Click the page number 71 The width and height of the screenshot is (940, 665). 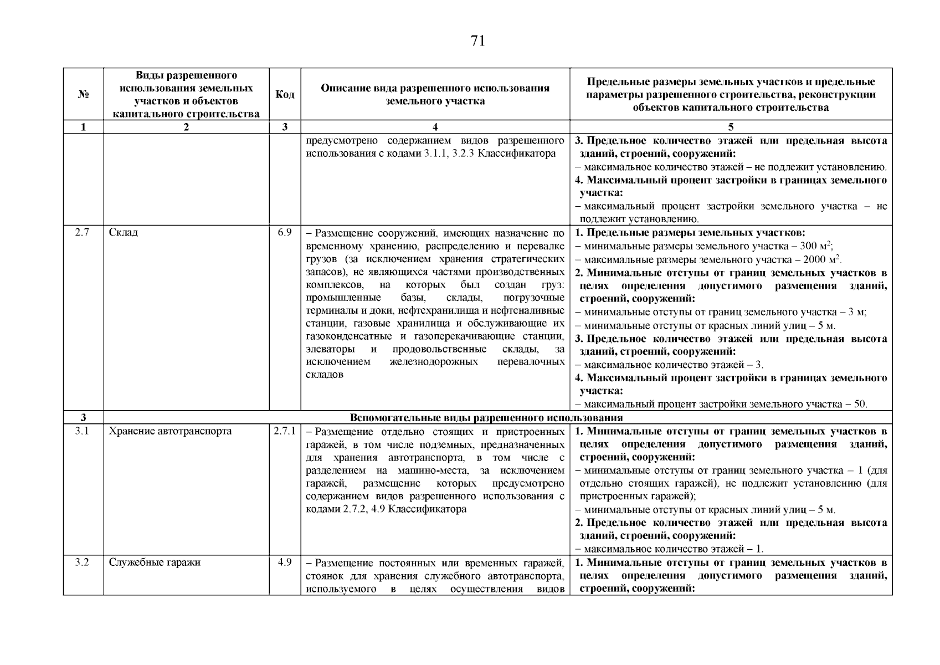[477, 41]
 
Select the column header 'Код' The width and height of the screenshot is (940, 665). [285, 94]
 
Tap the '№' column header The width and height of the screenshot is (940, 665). [84, 94]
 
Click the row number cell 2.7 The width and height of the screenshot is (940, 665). [83, 232]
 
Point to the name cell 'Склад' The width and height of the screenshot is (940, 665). [124, 232]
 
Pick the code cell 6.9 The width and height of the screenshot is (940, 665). [285, 232]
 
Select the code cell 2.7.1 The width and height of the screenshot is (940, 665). [285, 431]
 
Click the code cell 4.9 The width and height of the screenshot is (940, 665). [285, 562]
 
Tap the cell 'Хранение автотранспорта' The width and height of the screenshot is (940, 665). [170, 431]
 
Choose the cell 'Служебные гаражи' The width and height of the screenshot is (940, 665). [155, 562]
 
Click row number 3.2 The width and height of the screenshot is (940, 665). [83, 562]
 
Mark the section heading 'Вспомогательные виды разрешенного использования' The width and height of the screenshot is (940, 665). [486, 418]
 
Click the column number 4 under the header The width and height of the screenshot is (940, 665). [435, 127]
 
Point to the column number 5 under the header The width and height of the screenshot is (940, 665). [731, 127]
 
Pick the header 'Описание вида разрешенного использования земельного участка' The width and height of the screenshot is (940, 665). [435, 94]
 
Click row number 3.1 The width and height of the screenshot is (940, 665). [83, 431]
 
